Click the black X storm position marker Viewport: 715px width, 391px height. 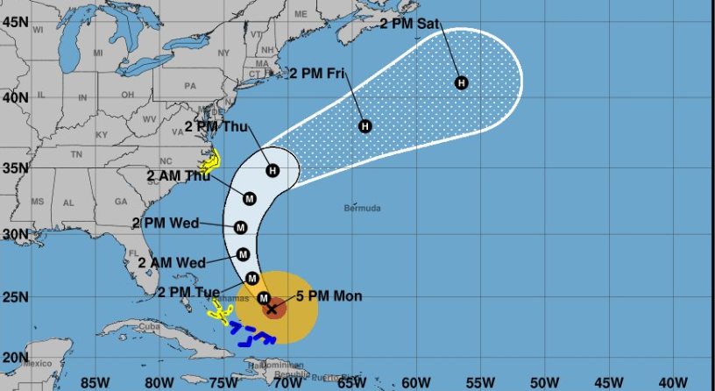(x=272, y=308)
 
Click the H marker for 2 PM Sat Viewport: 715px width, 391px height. (x=462, y=82)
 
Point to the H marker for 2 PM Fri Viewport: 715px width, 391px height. (x=365, y=125)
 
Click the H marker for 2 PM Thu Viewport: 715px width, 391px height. (x=272, y=170)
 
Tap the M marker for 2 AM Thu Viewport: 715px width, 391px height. (x=249, y=198)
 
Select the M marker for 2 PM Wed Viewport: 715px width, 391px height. (x=241, y=227)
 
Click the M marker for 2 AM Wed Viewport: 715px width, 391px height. (x=244, y=255)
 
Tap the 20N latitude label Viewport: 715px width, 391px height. (x=13, y=357)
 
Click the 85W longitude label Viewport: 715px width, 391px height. (x=94, y=382)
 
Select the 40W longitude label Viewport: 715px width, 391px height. (x=673, y=382)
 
